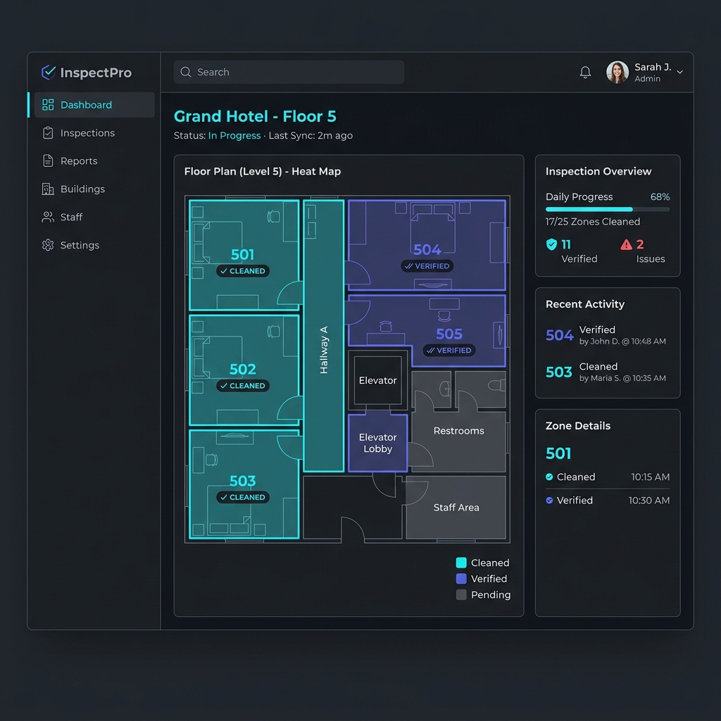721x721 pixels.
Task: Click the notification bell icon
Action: [585, 73]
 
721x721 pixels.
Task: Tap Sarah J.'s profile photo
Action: [617, 73]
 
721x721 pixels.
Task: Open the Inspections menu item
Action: [87, 133]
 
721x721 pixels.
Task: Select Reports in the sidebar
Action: [79, 161]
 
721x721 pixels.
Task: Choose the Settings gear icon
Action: [48, 245]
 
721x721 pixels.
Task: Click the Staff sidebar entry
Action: [71, 217]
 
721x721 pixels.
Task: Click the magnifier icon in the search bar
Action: [186, 73]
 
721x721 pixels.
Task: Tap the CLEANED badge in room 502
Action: [243, 386]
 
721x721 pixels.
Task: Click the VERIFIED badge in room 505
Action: [449, 351]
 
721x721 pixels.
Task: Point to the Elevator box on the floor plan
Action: [377, 380]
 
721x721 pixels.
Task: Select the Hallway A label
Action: [324, 350]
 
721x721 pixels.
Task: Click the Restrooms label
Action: [458, 431]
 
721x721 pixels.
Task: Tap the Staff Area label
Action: [456, 507]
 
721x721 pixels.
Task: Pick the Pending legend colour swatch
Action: [461, 594]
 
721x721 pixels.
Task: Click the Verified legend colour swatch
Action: [461, 579]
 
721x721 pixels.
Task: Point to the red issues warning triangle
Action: [626, 244]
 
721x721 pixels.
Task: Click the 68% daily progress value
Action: [660, 197]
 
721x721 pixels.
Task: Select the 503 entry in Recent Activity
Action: [558, 372]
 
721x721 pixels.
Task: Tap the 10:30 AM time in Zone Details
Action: [648, 501]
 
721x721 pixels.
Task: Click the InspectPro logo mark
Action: [49, 73]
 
